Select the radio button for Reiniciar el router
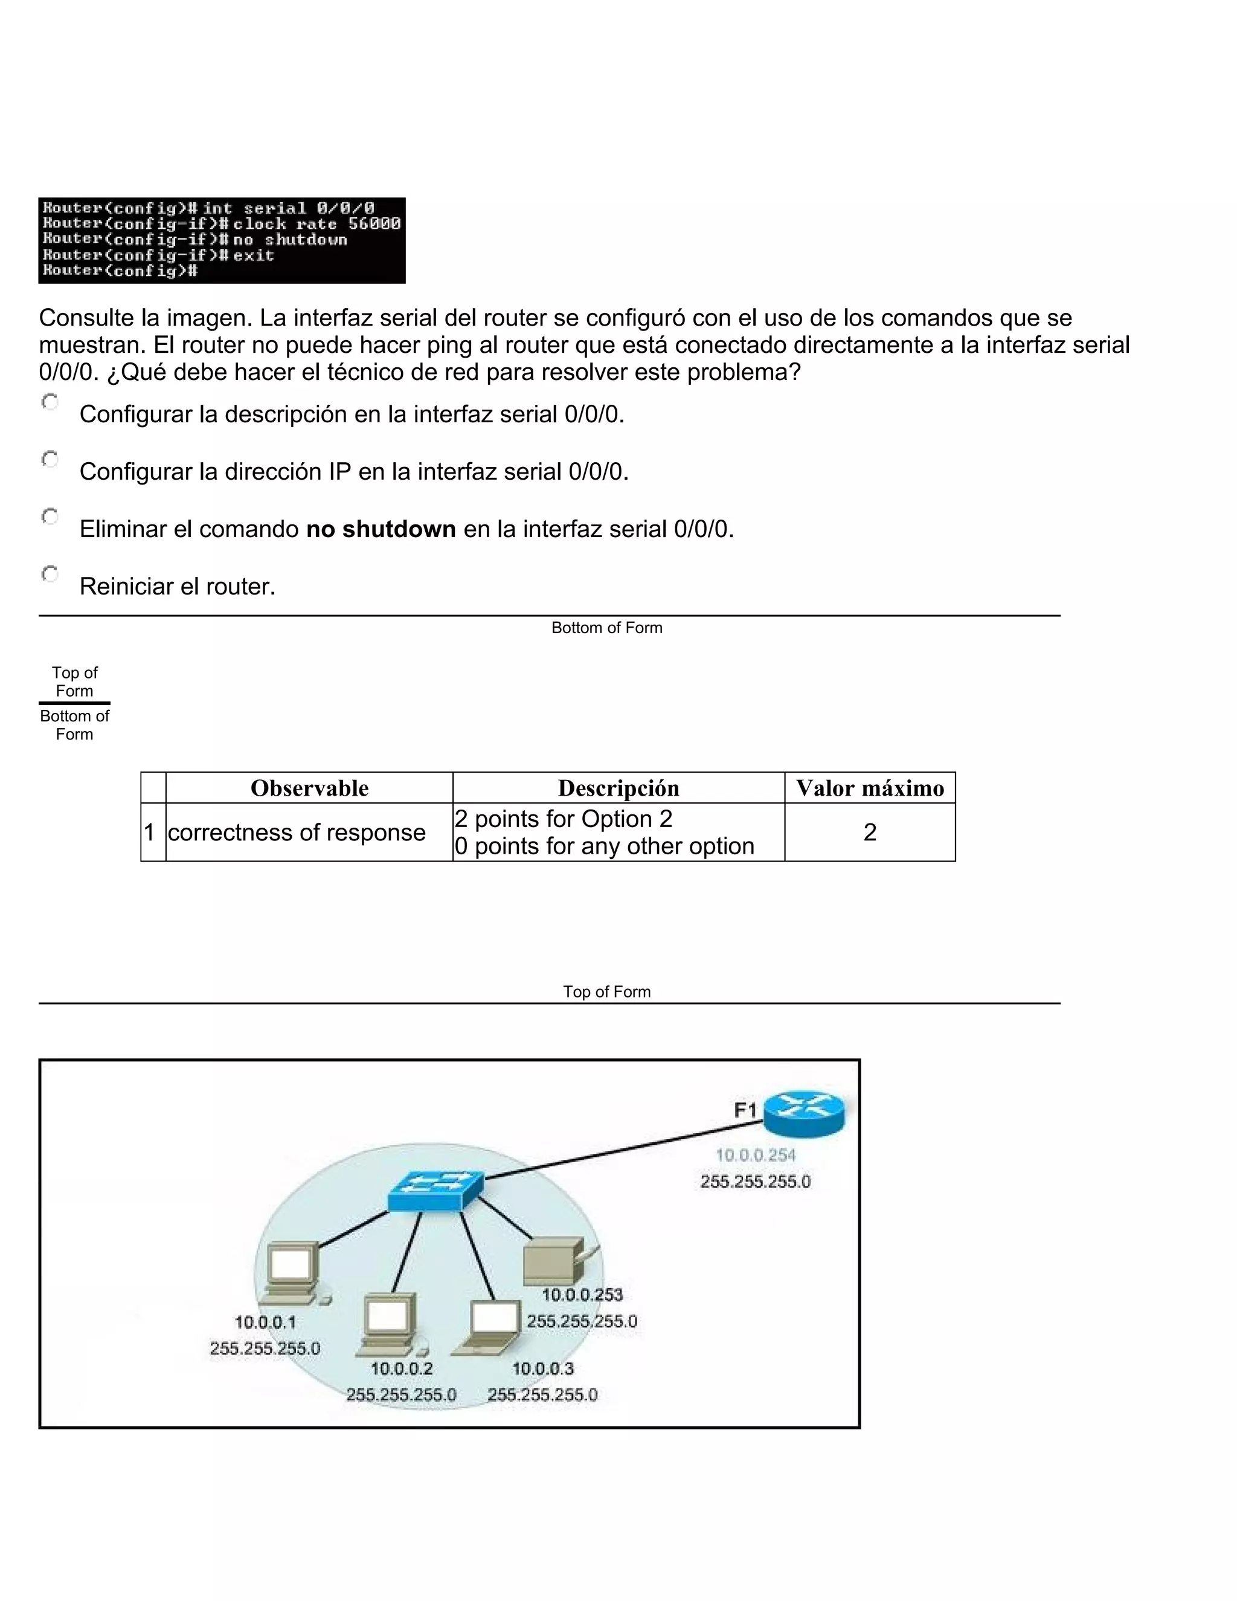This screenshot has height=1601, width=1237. tap(50, 574)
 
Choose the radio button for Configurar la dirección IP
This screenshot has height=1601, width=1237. tap(50, 460)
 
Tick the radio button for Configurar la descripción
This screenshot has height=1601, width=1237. tap(50, 402)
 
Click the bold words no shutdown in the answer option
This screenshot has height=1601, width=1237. tap(381, 529)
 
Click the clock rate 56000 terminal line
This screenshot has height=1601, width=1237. tap(316, 224)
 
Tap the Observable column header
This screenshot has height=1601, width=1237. tap(309, 788)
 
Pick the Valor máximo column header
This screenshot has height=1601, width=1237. tap(870, 788)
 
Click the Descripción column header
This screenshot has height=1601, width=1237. tap(618, 788)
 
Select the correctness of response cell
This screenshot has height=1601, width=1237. tap(297, 833)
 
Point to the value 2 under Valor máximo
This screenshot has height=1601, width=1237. tap(870, 833)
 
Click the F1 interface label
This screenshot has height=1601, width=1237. tap(745, 1110)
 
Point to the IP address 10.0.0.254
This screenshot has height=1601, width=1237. tap(756, 1155)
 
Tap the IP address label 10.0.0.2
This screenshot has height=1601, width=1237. tap(402, 1368)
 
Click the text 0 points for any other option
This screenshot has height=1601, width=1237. tap(605, 846)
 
